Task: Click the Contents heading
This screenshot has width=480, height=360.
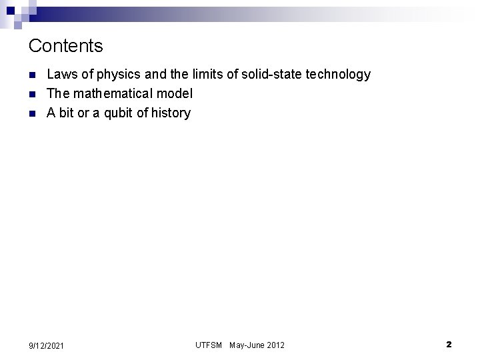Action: click(66, 46)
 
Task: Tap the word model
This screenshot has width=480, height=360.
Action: click(176, 94)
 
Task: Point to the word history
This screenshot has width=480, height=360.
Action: click(171, 113)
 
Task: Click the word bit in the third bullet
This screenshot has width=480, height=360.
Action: click(67, 113)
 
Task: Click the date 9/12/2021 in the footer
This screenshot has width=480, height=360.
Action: click(47, 345)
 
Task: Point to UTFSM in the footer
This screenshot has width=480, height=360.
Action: click(209, 345)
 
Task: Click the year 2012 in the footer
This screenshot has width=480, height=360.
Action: click(276, 345)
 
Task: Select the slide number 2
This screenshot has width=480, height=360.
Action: click(449, 345)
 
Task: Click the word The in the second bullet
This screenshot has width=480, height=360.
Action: click(58, 94)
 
